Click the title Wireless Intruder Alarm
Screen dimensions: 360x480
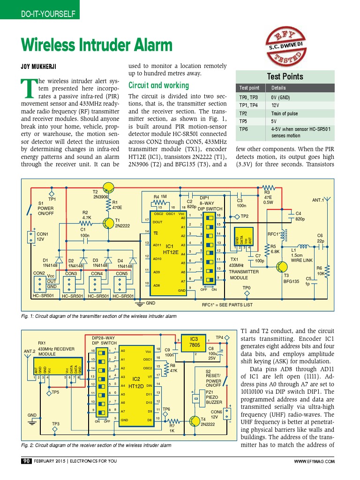point(97,45)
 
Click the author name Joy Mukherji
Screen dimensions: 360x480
point(41,66)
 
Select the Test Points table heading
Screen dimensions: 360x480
point(285,76)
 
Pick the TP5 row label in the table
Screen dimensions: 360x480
point(243,121)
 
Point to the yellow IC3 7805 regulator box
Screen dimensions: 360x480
point(194,342)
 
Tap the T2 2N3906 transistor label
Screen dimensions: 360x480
point(101,194)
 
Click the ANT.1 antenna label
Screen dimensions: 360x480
point(319,200)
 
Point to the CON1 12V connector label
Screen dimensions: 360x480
point(43,236)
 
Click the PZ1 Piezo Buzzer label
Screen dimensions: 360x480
point(214,397)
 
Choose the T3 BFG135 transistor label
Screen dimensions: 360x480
point(291,278)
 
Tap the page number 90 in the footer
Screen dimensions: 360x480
point(26,461)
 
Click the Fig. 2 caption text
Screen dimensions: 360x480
point(96,445)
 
